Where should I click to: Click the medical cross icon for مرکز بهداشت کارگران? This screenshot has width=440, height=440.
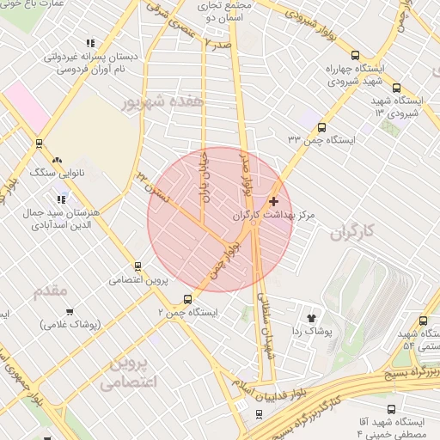pos(273,201)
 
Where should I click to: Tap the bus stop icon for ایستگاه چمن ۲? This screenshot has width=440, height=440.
pos(188,299)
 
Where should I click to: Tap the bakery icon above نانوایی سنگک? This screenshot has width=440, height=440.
pos(57,159)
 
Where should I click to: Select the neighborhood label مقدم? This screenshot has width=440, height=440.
pos(50,291)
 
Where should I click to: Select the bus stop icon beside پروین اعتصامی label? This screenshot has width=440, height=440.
pos(137,266)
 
